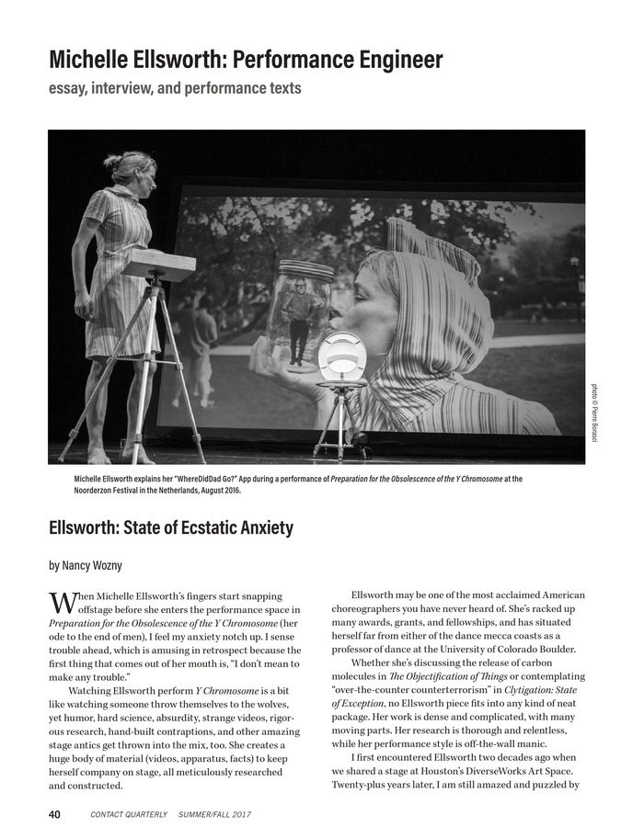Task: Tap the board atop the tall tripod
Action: (158, 266)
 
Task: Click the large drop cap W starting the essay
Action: (63, 603)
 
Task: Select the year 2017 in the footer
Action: (238, 814)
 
